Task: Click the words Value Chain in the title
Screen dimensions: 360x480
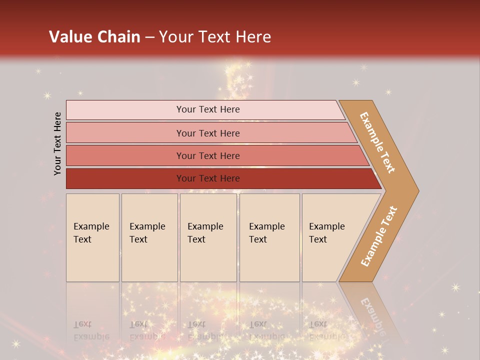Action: pos(94,36)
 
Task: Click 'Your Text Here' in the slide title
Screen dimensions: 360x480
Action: pos(215,36)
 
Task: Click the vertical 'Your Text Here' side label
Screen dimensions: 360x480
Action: pos(57,143)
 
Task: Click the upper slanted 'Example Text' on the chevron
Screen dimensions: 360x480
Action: pos(377,142)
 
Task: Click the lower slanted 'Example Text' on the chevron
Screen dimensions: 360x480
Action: pos(378,236)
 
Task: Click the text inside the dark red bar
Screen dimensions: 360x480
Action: pos(208,178)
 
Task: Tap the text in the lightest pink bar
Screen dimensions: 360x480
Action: pos(208,109)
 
